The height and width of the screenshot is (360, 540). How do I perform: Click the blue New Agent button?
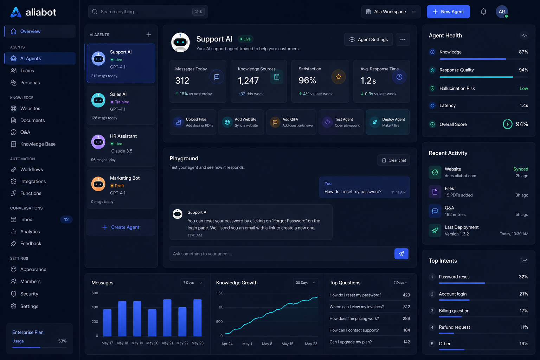[448, 12]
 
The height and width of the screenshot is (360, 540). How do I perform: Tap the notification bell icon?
[483, 12]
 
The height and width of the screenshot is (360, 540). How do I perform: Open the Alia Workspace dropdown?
[391, 12]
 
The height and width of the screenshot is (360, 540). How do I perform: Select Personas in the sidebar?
[30, 83]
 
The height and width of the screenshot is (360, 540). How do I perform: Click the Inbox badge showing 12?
[66, 219]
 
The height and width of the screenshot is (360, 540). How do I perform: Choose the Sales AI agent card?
[121, 105]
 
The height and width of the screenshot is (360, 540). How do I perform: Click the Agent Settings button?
[368, 39]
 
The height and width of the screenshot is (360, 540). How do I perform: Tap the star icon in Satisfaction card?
[339, 77]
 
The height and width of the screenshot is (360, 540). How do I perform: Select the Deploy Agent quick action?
[388, 122]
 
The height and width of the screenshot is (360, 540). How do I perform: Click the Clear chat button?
[394, 160]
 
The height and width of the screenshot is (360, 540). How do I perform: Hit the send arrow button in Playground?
[401, 254]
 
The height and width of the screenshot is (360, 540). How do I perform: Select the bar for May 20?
[152, 323]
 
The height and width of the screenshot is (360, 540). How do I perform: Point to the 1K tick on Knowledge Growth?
[220, 307]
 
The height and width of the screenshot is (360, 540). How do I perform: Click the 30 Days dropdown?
[306, 283]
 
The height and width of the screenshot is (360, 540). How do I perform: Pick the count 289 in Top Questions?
[406, 319]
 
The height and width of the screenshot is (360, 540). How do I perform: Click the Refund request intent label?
[455, 327]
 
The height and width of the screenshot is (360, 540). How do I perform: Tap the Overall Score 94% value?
[522, 124]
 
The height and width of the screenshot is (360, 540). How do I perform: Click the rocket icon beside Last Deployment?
[435, 231]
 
